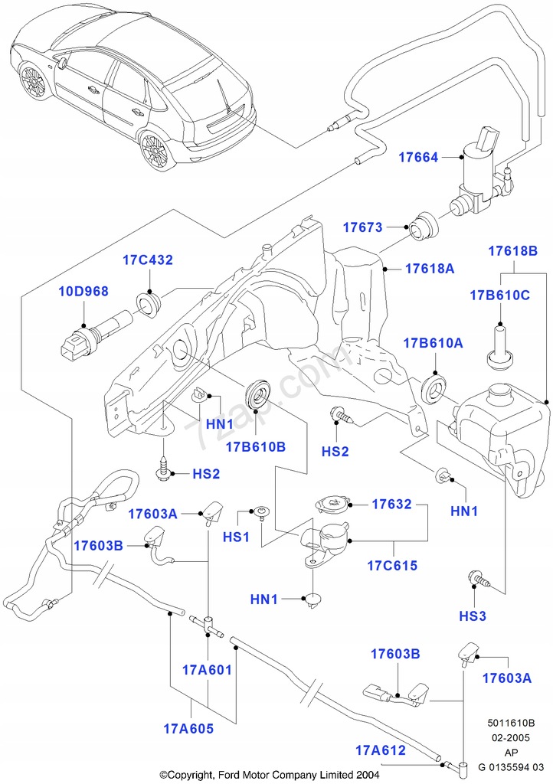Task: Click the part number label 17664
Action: click(x=418, y=158)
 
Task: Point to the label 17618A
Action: click(x=430, y=269)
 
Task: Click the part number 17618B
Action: click(x=512, y=250)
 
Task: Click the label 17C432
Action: click(x=148, y=260)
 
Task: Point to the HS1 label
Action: click(x=237, y=538)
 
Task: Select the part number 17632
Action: click(x=392, y=505)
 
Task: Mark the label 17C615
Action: click(x=392, y=567)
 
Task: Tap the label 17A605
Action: click(x=188, y=728)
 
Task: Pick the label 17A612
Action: click(x=380, y=750)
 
